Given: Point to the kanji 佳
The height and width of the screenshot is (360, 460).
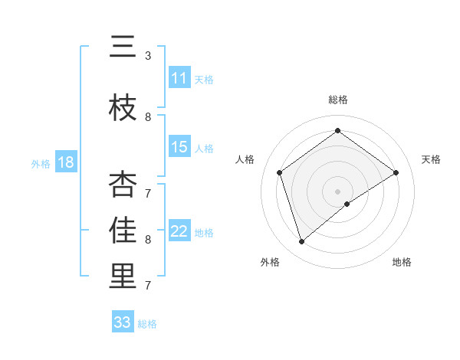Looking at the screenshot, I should point(123,231).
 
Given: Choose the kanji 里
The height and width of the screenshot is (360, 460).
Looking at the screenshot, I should point(123,277).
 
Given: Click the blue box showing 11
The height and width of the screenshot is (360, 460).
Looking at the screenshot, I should point(179,78).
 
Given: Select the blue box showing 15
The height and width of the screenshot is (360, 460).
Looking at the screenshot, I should point(179,147).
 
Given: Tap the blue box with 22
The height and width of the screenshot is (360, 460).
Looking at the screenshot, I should point(179,231).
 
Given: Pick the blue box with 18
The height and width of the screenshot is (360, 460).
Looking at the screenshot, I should point(65,162).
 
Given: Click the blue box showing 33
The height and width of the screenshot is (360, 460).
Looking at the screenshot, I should point(123,322).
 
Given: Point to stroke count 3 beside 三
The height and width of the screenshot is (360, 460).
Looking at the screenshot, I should point(148,56).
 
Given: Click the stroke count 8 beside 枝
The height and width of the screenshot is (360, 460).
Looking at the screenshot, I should point(148,116).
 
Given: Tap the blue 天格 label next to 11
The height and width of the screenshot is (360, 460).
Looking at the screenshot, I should point(203,79).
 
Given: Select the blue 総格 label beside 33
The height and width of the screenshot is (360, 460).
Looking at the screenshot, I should point(147,323).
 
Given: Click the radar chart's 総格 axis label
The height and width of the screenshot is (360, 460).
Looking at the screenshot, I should point(337,100).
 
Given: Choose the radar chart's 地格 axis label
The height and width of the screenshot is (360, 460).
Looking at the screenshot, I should point(402,262).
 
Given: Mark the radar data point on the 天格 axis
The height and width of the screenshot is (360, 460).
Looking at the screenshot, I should point(396,172).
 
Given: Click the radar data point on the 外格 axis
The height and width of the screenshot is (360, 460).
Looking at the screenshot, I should point(301,242).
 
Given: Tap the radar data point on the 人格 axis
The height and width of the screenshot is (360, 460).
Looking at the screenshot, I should point(280,172).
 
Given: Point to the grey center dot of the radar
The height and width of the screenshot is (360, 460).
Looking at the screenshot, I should point(338,191).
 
